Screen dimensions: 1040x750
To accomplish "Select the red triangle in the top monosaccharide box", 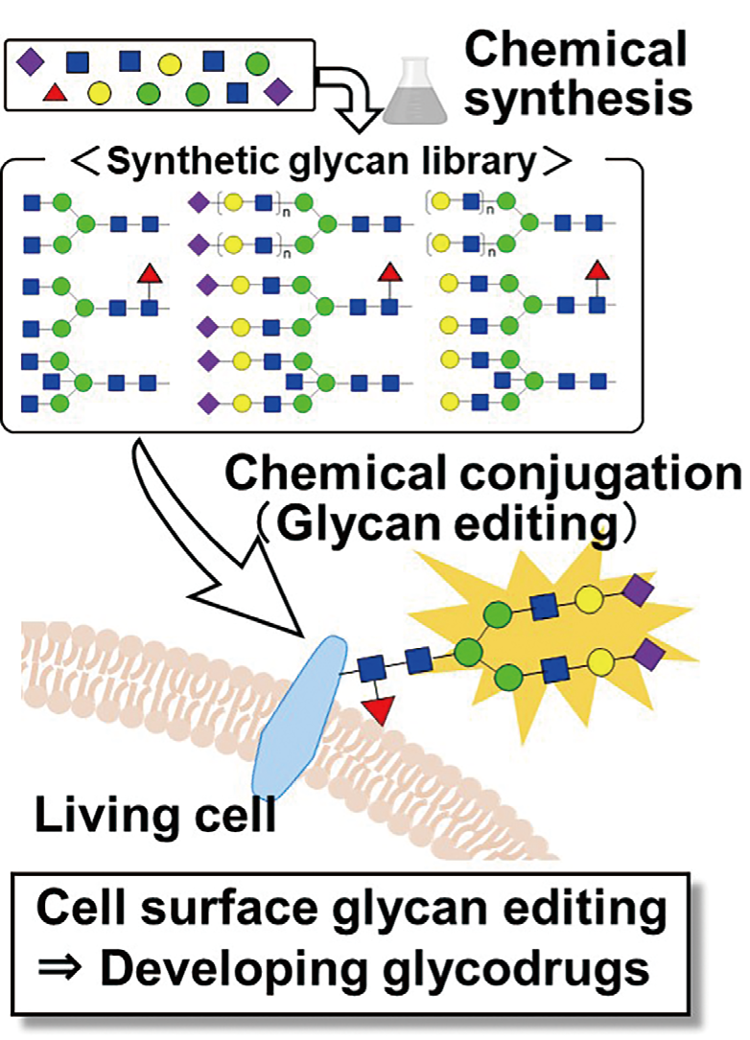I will click(56, 93).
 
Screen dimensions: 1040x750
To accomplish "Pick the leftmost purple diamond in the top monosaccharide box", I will click(30, 63).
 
